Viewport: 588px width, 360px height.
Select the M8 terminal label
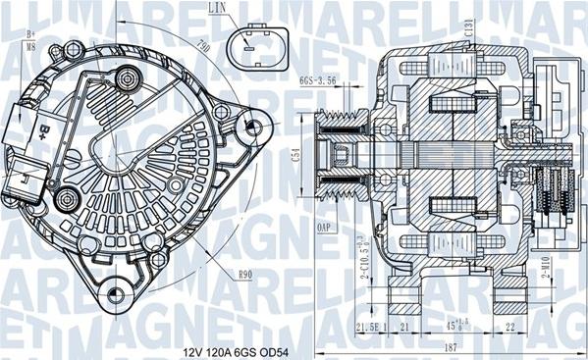pos(29,44)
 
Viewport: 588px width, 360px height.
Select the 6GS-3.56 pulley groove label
pos(318,81)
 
